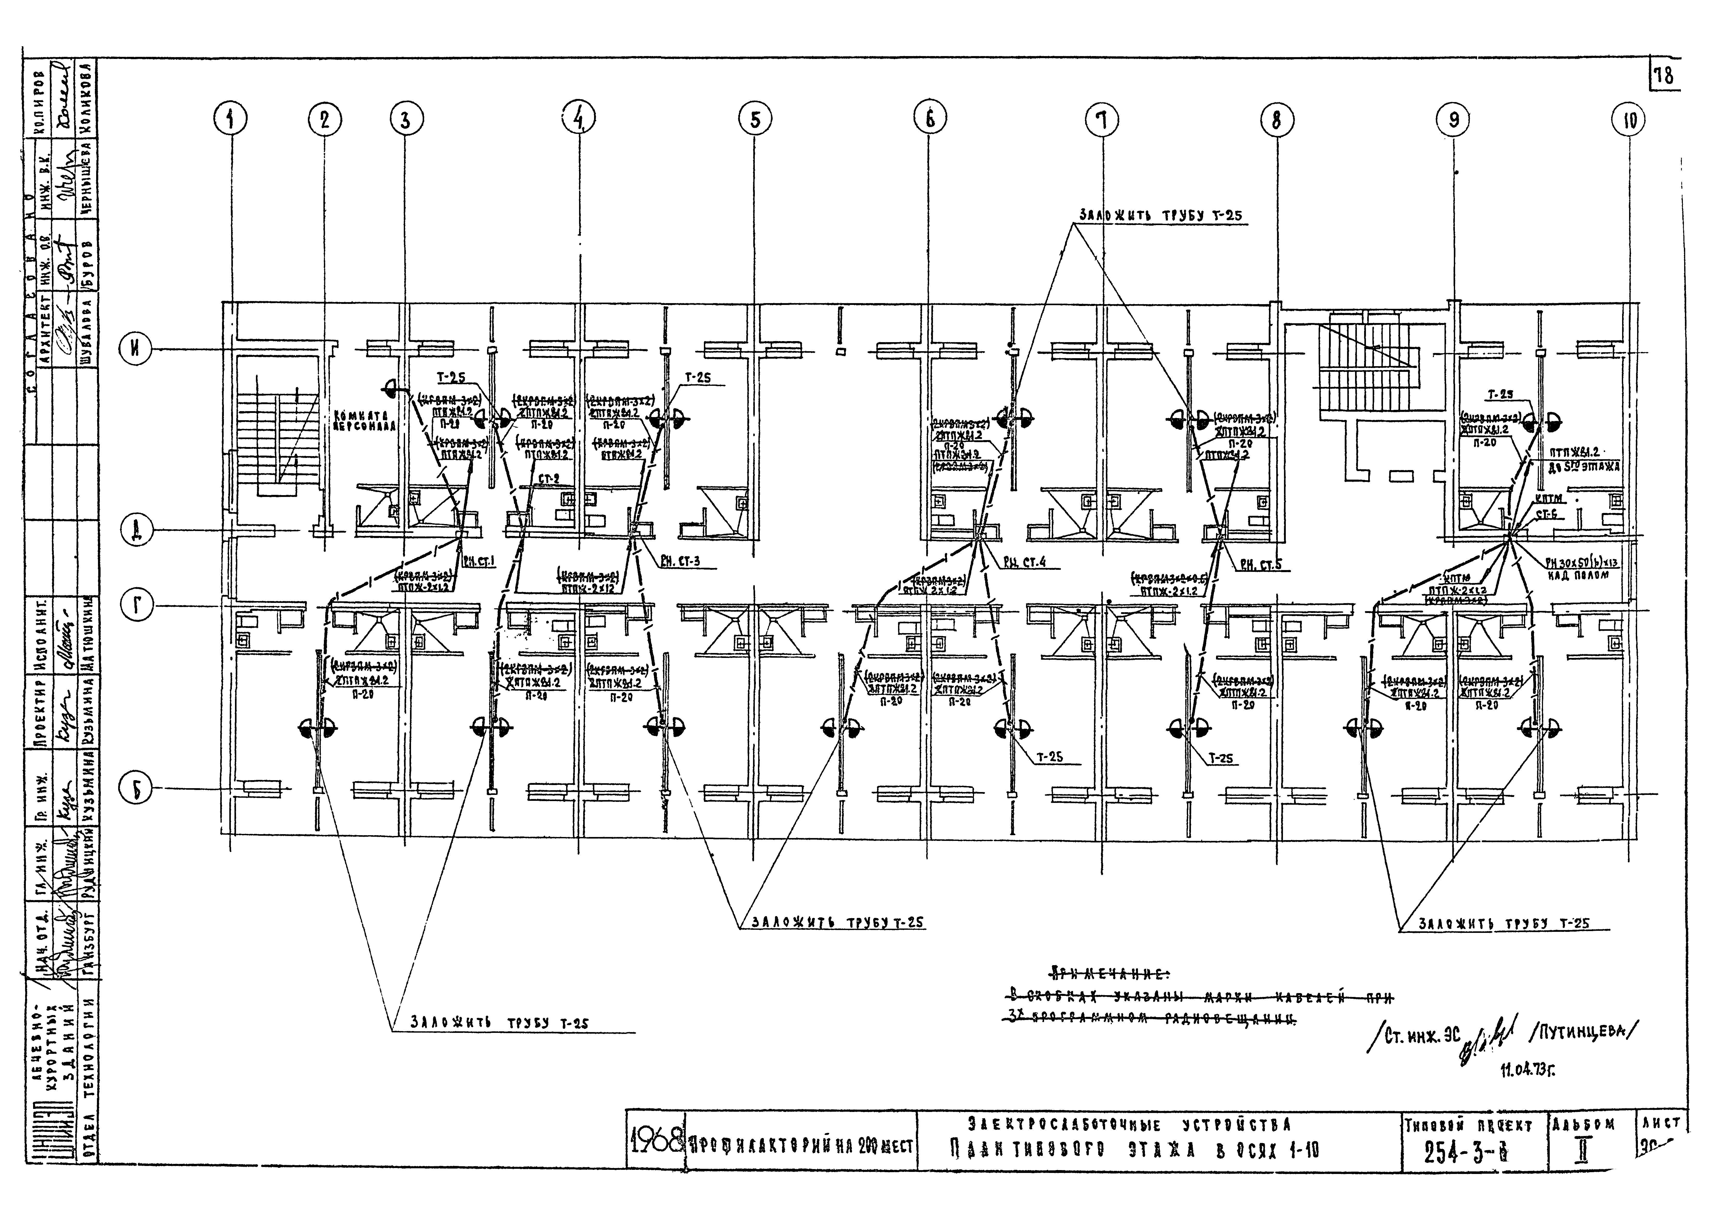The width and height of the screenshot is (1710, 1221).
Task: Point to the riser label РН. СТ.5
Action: (x=1244, y=565)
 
